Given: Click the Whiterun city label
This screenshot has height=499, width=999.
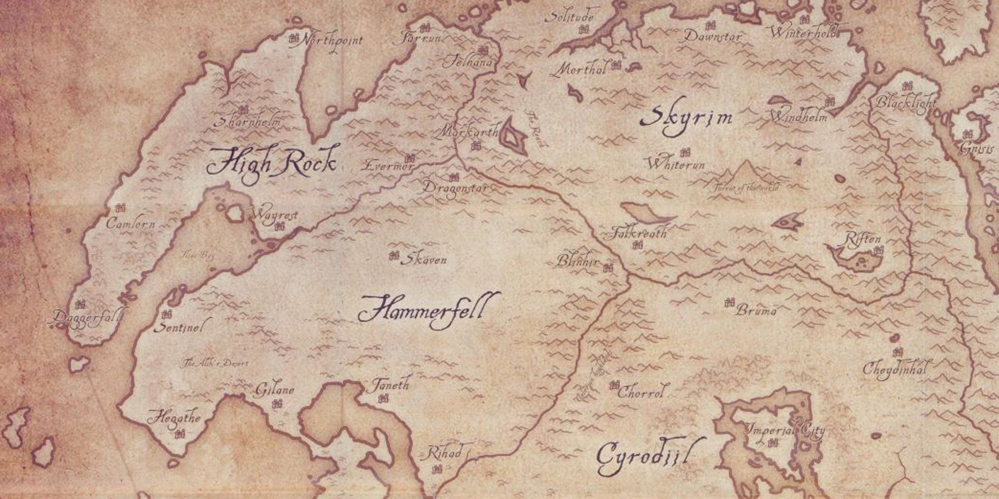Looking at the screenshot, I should coord(675,165).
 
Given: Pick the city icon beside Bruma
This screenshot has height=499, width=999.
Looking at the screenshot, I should coord(730,302).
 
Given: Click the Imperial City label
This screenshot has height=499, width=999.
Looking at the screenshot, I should coord(784,430).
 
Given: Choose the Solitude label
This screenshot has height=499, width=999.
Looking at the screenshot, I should coord(569,17).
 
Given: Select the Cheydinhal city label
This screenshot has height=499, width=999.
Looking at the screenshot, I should coord(894,369).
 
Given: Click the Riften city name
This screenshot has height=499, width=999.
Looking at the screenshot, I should coord(862,240).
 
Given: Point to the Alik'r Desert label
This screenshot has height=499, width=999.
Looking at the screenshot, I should coord(216,364).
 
